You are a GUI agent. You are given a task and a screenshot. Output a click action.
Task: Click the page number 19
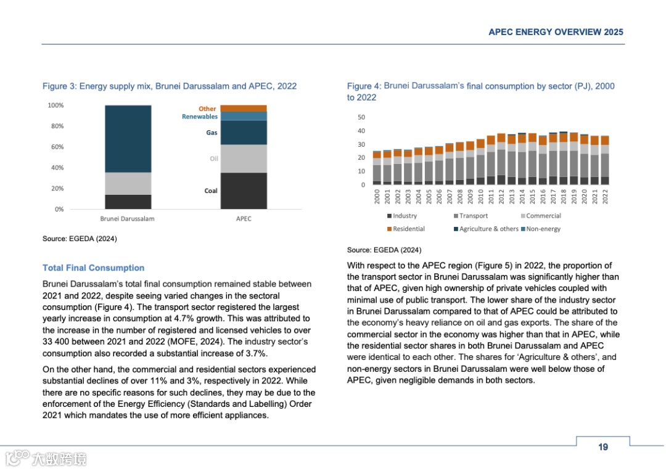(602, 447)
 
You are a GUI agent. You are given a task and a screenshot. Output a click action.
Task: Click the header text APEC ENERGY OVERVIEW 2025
(556, 32)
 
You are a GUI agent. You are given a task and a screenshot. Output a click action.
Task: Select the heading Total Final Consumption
(93, 268)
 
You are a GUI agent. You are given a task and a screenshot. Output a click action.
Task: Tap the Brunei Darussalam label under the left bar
(127, 219)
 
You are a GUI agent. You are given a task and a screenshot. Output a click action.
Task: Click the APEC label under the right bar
(244, 219)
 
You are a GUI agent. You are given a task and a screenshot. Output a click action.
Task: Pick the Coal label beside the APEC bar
(211, 191)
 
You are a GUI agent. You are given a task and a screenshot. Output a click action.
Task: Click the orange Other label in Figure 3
(207, 109)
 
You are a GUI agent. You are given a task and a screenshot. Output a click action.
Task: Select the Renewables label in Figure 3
(200, 117)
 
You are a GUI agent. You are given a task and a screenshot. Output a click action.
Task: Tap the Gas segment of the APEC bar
(244, 133)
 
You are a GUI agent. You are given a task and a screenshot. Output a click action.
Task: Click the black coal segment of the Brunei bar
(128, 202)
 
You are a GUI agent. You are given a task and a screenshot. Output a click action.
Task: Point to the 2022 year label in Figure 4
(605, 197)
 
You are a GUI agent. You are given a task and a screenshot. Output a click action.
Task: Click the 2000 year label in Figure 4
(377, 197)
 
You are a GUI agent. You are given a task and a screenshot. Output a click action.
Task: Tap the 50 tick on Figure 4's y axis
(361, 117)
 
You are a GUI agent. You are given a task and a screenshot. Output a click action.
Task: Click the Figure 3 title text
(170, 86)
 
